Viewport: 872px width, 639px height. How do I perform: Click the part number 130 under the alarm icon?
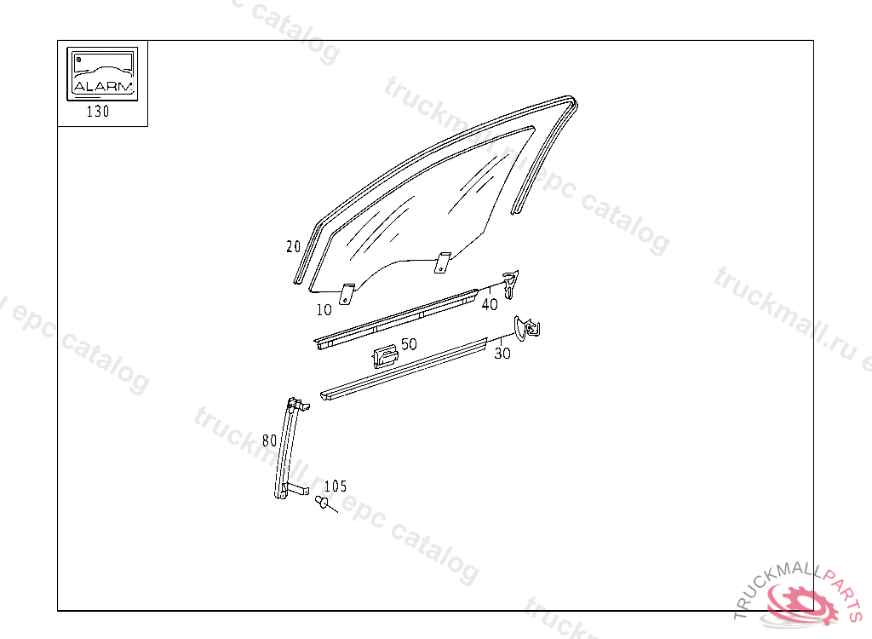pyautogui.click(x=98, y=112)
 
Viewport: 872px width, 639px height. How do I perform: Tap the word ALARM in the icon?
pyautogui.click(x=103, y=86)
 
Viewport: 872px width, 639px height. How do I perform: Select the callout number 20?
pyautogui.click(x=294, y=247)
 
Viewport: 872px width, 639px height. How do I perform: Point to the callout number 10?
pyautogui.click(x=324, y=309)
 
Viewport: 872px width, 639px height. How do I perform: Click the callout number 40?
pyautogui.click(x=490, y=304)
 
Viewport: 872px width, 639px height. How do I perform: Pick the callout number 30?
pyautogui.click(x=502, y=353)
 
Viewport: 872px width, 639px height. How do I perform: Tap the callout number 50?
pyautogui.click(x=409, y=344)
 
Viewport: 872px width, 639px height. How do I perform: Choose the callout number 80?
pyautogui.click(x=269, y=440)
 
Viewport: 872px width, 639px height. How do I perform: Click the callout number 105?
pyautogui.click(x=336, y=486)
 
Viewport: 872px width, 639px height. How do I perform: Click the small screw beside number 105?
pyautogui.click(x=322, y=503)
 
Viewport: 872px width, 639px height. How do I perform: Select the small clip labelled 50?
pyautogui.click(x=384, y=356)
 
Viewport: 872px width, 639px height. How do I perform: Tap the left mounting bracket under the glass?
pyautogui.click(x=347, y=292)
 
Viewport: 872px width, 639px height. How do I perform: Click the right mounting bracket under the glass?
pyautogui.click(x=441, y=262)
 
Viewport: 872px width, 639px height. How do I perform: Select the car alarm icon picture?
pyautogui.click(x=102, y=72)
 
